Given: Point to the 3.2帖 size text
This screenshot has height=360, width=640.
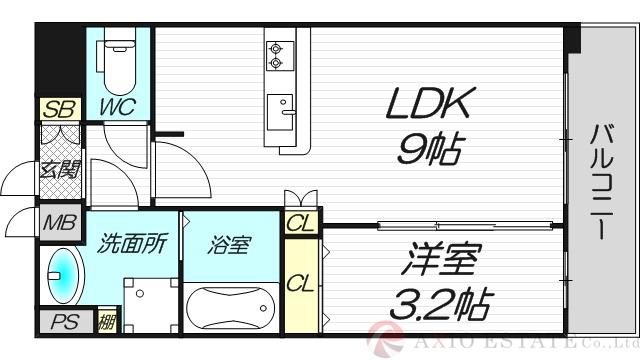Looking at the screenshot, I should coord(441,303).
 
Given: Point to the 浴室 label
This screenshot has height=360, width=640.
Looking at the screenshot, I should coord(227,242).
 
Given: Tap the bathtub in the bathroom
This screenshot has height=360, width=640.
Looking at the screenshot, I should coord(230,304).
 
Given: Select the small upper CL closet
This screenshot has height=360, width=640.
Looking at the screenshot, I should coord(298,224).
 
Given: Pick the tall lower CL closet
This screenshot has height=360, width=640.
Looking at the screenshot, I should coord(298,283).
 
